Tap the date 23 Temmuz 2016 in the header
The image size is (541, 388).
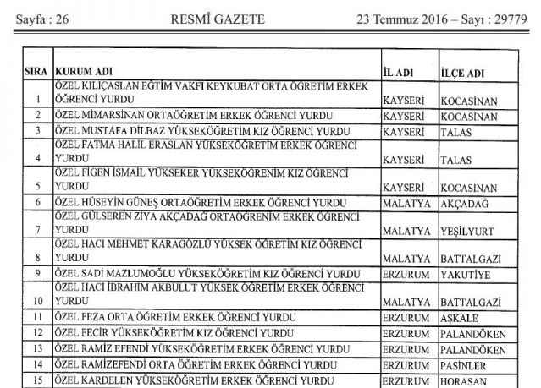coord(405,18)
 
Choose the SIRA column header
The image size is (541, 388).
coord(36,71)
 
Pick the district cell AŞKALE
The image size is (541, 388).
coord(460,318)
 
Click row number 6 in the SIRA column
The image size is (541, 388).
coord(36,203)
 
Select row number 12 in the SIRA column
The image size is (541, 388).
coord(36,333)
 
